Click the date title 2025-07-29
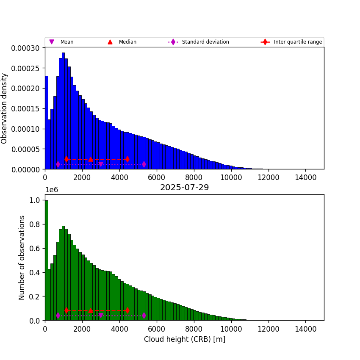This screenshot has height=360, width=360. click(x=184, y=188)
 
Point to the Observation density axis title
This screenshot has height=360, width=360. click(x=5, y=108)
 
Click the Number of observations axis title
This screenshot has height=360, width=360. click(x=22, y=258)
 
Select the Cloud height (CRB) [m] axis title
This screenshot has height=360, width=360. click(x=184, y=339)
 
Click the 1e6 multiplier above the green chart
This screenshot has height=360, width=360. click(x=51, y=190)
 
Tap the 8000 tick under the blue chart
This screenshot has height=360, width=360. click(x=194, y=177)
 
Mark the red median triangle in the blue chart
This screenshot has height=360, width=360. click(x=91, y=159)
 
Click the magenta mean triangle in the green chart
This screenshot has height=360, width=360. click(x=100, y=316)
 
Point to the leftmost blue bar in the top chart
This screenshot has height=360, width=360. click(x=46, y=123)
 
